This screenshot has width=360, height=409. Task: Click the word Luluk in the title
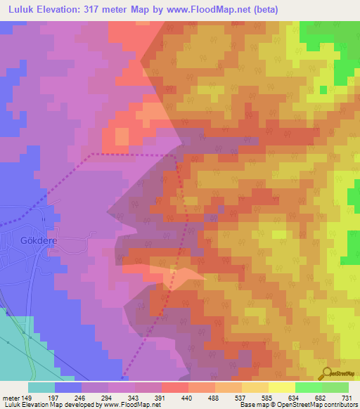tap(22, 10)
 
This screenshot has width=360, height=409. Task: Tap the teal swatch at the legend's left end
tap(41, 387)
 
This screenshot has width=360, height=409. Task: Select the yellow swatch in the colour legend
tap(281, 387)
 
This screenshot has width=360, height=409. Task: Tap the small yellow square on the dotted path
tap(174, 268)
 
